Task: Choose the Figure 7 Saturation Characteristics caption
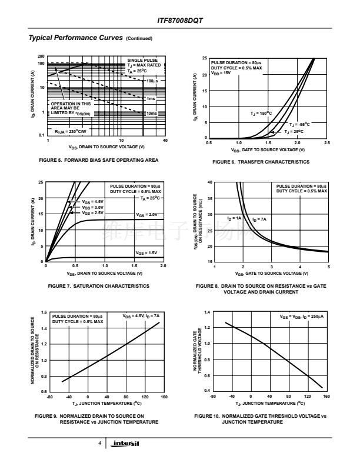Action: pos(98,286)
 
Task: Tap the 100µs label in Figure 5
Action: pos(152,80)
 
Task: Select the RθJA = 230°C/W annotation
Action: pos(71,132)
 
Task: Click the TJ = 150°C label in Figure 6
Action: pos(261,112)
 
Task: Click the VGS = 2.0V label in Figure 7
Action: pos(147,215)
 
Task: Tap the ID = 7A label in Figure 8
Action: pos(259,219)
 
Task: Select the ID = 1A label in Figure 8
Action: pos(234,218)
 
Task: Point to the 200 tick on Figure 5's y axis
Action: pos(42,57)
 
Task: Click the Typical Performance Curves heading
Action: pos(75,38)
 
